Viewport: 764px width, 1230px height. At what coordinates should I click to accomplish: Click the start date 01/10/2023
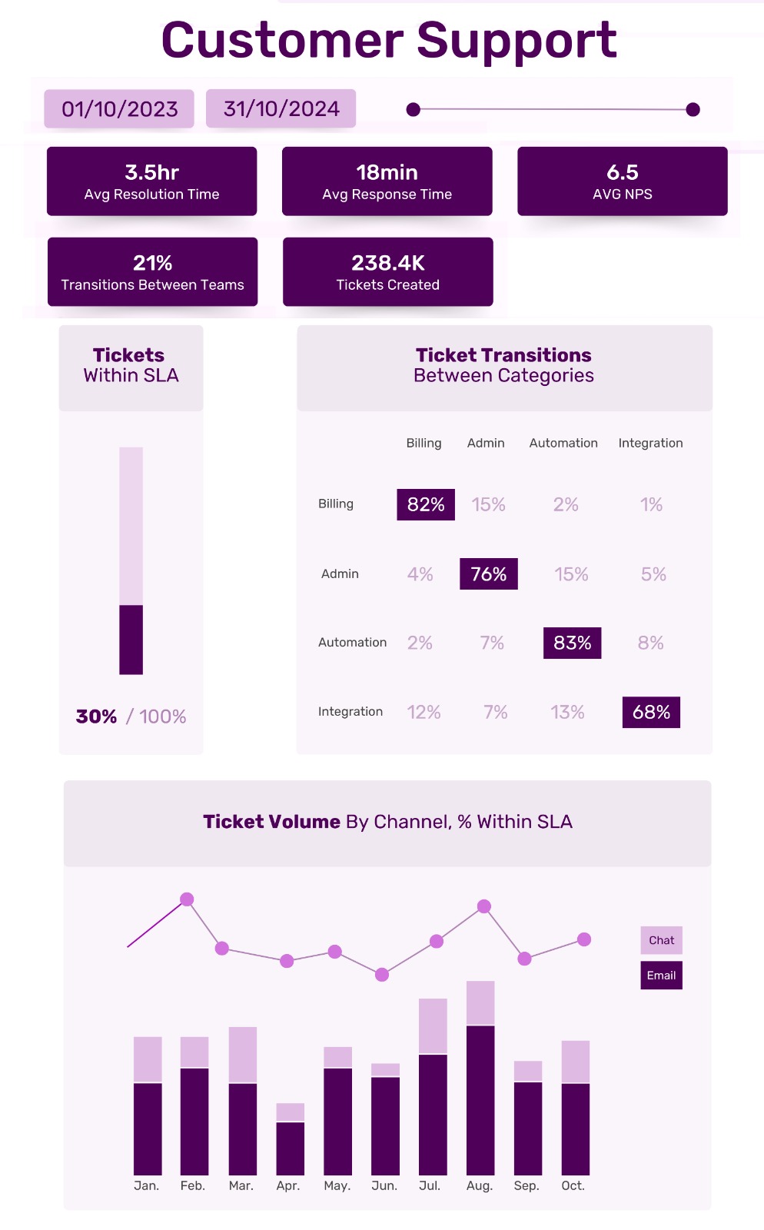click(x=119, y=109)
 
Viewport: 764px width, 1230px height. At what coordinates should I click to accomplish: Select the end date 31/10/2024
click(x=281, y=109)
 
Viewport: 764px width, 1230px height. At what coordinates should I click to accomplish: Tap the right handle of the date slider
click(x=693, y=110)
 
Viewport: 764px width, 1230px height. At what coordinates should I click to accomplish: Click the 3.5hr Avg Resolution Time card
click(x=151, y=181)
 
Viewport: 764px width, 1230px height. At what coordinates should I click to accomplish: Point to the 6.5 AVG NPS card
click(x=622, y=181)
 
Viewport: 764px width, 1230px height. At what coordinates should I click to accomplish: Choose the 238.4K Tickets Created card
click(x=387, y=272)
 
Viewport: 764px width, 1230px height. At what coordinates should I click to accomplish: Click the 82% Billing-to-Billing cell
click(x=426, y=505)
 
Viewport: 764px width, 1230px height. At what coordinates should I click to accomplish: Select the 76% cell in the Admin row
click(x=488, y=574)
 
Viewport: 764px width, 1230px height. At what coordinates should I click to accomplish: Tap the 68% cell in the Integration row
click(x=651, y=713)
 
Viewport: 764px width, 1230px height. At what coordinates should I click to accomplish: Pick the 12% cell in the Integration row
click(x=424, y=713)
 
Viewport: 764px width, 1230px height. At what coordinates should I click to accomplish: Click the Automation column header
click(x=563, y=443)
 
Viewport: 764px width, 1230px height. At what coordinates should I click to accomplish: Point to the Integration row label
click(x=350, y=712)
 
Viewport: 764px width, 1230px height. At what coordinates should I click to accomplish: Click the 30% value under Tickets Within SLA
click(x=96, y=716)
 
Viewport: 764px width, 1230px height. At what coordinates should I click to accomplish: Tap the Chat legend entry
click(x=661, y=940)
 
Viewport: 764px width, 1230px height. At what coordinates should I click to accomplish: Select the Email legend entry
click(x=661, y=976)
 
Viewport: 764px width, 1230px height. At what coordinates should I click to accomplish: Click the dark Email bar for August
click(x=480, y=1099)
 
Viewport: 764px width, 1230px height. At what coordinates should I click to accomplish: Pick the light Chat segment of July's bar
click(x=433, y=1026)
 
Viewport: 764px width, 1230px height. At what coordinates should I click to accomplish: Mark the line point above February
click(x=187, y=899)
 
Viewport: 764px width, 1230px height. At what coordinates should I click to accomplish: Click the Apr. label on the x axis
click(x=288, y=1186)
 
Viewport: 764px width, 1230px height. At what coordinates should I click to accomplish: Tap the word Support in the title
click(x=517, y=40)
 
